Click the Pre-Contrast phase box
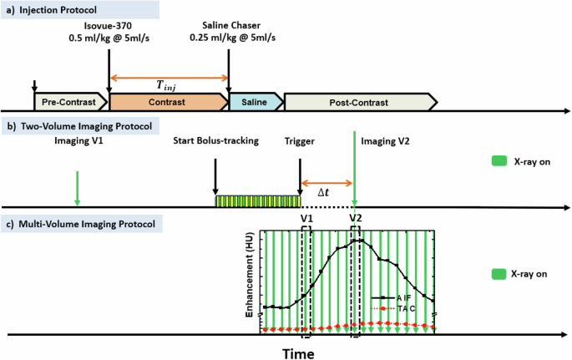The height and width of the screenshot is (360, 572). pyautogui.click(x=69, y=102)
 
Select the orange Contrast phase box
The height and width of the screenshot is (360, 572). pyautogui.click(x=167, y=102)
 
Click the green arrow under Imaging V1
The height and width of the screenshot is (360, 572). pyautogui.click(x=77, y=185)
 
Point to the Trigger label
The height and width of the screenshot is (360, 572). pyautogui.click(x=298, y=141)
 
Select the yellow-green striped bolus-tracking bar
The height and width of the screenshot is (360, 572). pyautogui.click(x=257, y=200)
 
